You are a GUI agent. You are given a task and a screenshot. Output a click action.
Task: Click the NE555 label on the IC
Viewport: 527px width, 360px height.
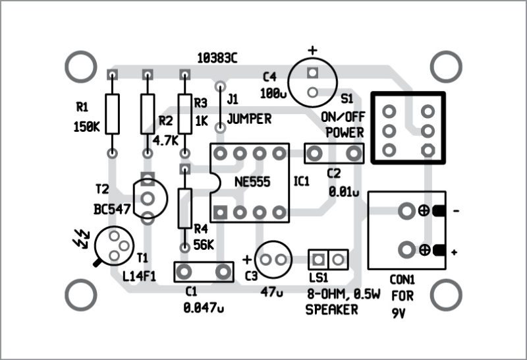(x=251, y=182)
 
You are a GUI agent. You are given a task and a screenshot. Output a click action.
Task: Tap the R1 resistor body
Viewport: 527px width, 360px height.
(x=113, y=113)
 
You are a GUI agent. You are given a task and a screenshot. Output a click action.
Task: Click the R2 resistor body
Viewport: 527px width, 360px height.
(x=148, y=113)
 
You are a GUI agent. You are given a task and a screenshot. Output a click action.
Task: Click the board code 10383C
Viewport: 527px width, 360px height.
(x=217, y=58)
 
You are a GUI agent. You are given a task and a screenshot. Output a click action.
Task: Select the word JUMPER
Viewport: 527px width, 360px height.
(x=249, y=119)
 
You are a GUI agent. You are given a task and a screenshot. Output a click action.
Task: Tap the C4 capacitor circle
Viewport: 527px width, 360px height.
(x=313, y=82)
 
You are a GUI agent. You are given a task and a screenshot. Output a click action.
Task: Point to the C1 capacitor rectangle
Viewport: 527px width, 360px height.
(x=204, y=271)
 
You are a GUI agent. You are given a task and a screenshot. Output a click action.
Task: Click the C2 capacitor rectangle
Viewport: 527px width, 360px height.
(x=335, y=154)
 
